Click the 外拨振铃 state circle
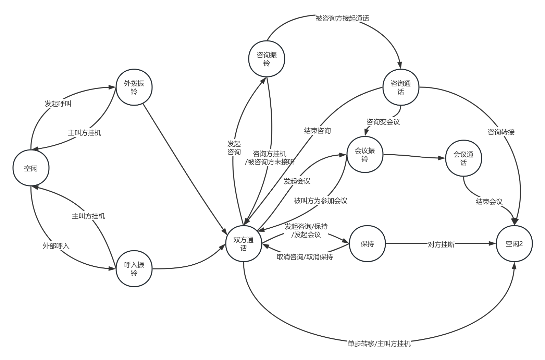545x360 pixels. click(134, 87)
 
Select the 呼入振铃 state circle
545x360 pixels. click(134, 269)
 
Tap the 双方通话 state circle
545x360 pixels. click(244, 244)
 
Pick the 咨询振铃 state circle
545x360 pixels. click(267, 59)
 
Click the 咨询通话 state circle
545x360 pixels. click(401, 87)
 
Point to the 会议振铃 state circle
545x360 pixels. click(364, 155)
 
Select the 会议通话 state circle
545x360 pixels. click(463, 158)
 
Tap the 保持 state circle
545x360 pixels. click(367, 244)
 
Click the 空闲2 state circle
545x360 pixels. click(514, 244)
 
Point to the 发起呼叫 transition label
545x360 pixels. click(58, 104)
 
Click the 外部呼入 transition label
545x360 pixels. click(56, 246)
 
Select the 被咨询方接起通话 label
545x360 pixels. click(342, 19)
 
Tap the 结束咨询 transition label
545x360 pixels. click(317, 131)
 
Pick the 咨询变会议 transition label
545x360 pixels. click(383, 122)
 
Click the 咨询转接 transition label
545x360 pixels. click(501, 132)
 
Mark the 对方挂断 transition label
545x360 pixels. click(441, 244)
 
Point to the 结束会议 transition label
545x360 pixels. click(489, 202)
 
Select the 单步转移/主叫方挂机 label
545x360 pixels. click(379, 344)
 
